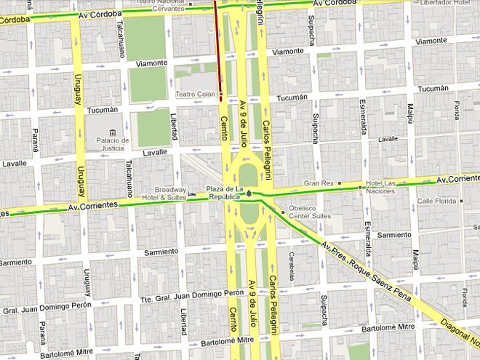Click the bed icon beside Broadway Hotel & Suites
tap(191, 194)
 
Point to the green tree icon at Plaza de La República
tap(249, 193)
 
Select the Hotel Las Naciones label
tap(379, 186)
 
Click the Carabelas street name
tap(291, 266)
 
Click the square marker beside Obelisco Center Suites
tap(283, 212)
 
